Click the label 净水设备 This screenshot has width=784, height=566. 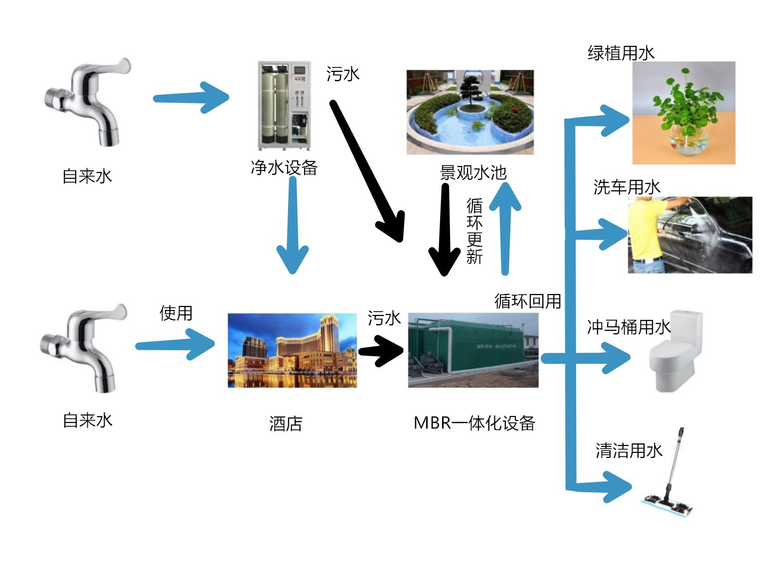point(284,167)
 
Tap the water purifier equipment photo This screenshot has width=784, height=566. point(284,105)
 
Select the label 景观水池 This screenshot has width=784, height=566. point(473,172)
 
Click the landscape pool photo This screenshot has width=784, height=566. point(470,112)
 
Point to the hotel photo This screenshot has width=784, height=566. point(292,350)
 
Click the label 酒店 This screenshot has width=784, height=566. point(286,424)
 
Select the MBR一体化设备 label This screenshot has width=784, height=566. point(474,423)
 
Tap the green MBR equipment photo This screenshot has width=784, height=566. point(473,350)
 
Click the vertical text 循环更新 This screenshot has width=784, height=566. point(474,231)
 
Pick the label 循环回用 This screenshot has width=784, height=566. point(528,301)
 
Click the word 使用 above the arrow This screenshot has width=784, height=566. point(176,313)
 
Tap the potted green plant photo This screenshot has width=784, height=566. point(684,113)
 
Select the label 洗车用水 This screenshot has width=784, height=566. point(627,187)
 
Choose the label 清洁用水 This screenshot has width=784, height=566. point(628,451)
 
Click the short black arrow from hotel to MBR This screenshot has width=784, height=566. point(381,351)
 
